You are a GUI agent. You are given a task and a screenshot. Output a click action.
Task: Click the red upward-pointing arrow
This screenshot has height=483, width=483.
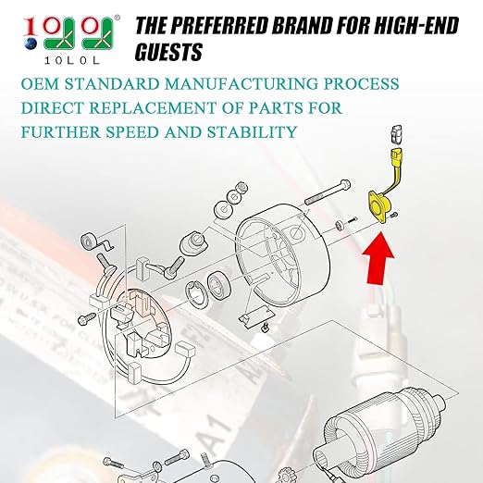coord(378,257)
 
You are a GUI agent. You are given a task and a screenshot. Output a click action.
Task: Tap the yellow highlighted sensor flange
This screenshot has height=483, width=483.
coord(379,206)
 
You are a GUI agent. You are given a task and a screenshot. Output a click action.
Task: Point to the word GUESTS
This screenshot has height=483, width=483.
coord(168,52)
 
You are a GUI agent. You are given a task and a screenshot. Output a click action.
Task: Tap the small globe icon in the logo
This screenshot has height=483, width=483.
coord(31,43)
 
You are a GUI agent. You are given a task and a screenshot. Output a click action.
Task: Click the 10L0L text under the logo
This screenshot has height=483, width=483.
coord(72,60)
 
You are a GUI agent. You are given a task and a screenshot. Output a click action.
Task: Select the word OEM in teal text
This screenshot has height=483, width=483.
coord(40,84)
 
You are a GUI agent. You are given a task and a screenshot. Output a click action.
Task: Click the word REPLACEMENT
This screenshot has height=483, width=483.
coord(153,108)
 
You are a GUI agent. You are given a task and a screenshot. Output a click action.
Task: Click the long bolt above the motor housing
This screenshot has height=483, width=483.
coord(328,192)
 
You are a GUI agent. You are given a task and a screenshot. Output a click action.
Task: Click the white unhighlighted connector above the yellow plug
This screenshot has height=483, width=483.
coord(396,134)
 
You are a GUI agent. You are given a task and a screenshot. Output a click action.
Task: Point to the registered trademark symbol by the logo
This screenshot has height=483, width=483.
coord(117,18)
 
